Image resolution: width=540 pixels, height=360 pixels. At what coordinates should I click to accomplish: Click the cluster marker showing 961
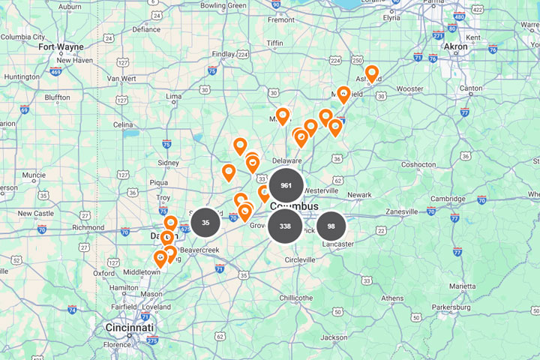click(x=286, y=185)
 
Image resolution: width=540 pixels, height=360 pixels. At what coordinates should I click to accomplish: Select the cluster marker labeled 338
click(x=285, y=226)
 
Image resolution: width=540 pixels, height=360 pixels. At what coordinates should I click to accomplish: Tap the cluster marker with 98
click(x=331, y=226)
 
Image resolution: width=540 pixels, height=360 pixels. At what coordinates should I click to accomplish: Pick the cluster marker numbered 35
click(x=205, y=222)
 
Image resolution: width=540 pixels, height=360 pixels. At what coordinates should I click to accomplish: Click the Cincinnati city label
click(x=129, y=328)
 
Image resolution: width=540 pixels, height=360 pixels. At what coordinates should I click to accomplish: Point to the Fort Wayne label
click(x=61, y=46)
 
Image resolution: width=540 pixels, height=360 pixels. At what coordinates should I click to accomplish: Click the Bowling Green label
click(x=223, y=6)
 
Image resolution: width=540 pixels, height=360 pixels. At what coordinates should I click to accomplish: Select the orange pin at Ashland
click(x=371, y=74)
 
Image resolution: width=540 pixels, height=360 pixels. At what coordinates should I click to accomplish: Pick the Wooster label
click(x=409, y=88)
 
